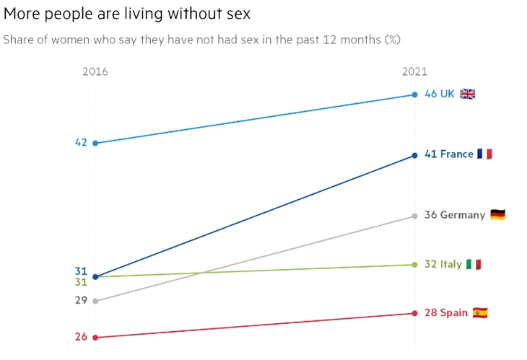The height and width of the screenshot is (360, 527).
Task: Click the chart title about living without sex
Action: point(127,14)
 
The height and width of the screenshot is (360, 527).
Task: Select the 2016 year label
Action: point(95,71)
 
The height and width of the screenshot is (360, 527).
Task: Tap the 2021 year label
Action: point(415,71)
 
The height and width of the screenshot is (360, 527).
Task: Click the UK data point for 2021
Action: point(415,95)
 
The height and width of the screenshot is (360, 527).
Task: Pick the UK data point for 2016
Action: point(95,144)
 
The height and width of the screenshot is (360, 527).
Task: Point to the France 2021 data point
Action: point(415,156)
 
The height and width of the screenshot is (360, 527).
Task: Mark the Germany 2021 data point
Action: point(415,216)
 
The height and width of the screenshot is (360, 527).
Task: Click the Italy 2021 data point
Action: point(415,265)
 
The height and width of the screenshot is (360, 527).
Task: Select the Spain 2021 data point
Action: point(415,313)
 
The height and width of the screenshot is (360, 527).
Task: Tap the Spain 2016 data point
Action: point(95,338)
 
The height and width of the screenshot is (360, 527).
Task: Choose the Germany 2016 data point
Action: point(95,302)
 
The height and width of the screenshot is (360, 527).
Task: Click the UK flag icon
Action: point(468,94)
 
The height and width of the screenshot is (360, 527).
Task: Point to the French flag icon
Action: point(484,154)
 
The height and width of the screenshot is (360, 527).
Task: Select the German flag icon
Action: point(497,214)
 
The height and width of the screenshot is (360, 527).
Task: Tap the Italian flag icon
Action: point(474,264)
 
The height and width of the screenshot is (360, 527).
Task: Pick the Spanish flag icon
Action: point(480,313)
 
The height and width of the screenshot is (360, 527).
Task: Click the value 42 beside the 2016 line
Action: point(81,142)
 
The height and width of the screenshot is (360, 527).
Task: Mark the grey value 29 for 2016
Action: point(81,300)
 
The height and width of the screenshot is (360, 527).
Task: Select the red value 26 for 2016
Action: point(81,337)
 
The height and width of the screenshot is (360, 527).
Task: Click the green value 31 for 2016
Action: point(81,282)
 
